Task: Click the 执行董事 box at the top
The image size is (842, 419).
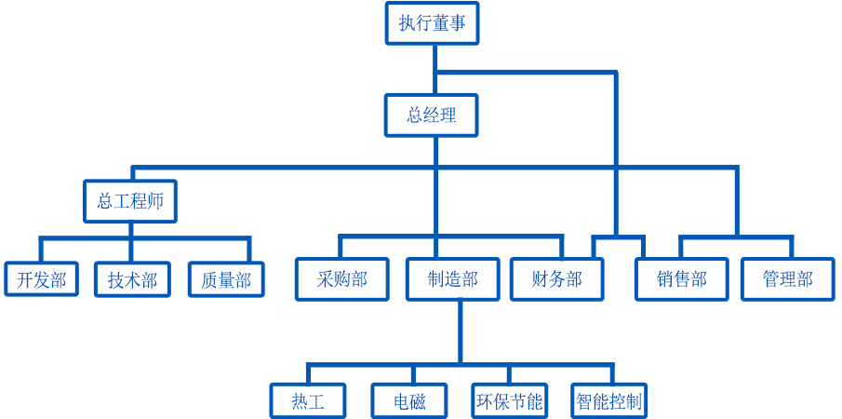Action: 432,23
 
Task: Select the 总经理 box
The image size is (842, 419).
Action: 432,115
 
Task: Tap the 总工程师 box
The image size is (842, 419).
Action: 130,201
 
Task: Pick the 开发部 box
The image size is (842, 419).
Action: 42,279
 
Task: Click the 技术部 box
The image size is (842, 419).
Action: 132,279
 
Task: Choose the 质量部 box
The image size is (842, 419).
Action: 226,279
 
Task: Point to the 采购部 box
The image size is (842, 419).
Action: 341,279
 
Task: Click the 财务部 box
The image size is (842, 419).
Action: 557,279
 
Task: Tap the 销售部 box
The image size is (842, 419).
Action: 681,279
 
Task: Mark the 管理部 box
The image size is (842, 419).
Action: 787,279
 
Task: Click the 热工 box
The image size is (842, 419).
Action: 308,402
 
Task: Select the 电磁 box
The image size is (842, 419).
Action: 409,402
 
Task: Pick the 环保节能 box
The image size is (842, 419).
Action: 509,402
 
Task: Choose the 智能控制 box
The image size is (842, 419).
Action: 608,402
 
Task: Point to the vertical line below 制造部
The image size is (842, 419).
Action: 460,331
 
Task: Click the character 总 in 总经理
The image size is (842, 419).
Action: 415,115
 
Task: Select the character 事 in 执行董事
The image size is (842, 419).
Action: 457,23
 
